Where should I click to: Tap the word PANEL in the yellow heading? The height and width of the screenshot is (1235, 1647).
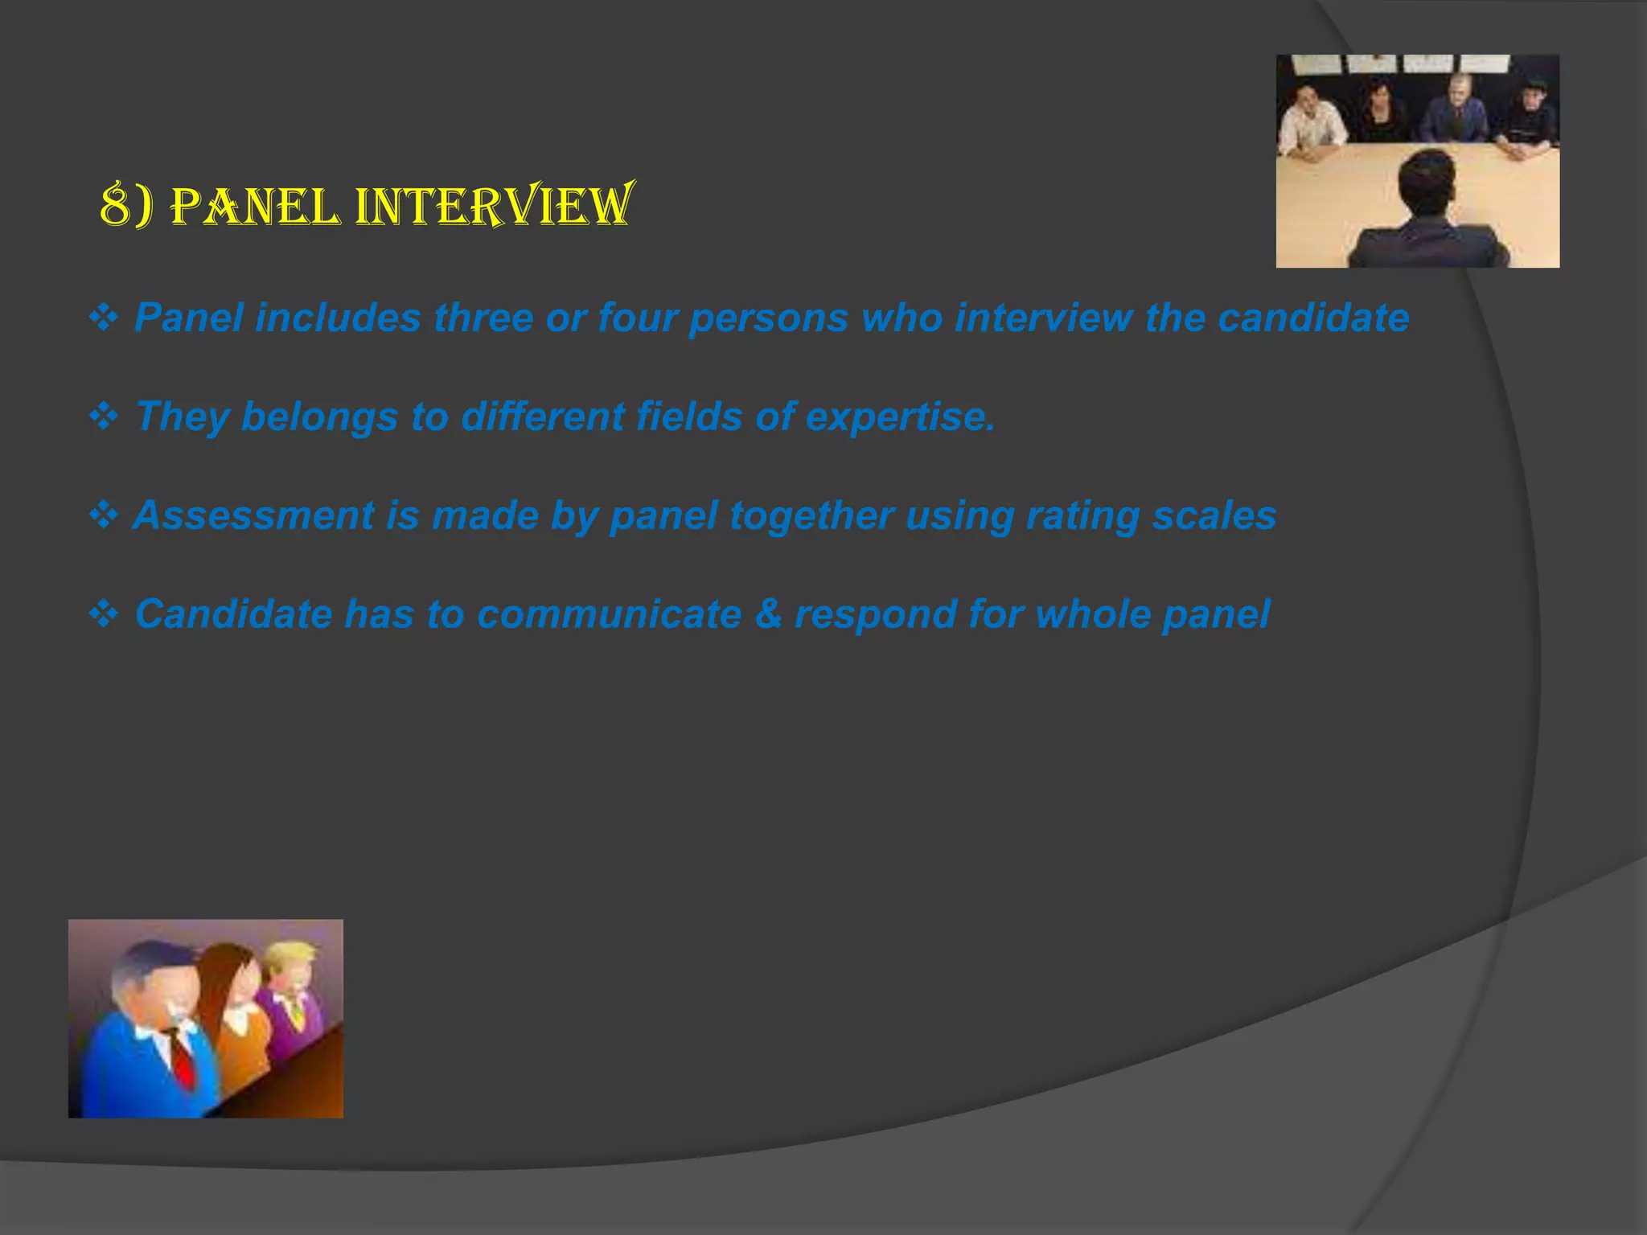click(x=256, y=207)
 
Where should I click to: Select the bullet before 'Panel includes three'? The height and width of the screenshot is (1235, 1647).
click(x=104, y=318)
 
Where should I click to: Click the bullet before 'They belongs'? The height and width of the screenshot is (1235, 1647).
click(x=104, y=416)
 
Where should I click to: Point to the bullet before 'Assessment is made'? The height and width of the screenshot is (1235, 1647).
click(x=104, y=515)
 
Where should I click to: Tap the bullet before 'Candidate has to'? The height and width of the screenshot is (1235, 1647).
click(x=104, y=614)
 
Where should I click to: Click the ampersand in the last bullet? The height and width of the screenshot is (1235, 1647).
click(x=768, y=614)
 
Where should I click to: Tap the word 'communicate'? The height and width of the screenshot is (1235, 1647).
click(x=609, y=614)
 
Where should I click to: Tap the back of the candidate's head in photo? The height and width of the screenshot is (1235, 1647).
click(x=1427, y=181)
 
